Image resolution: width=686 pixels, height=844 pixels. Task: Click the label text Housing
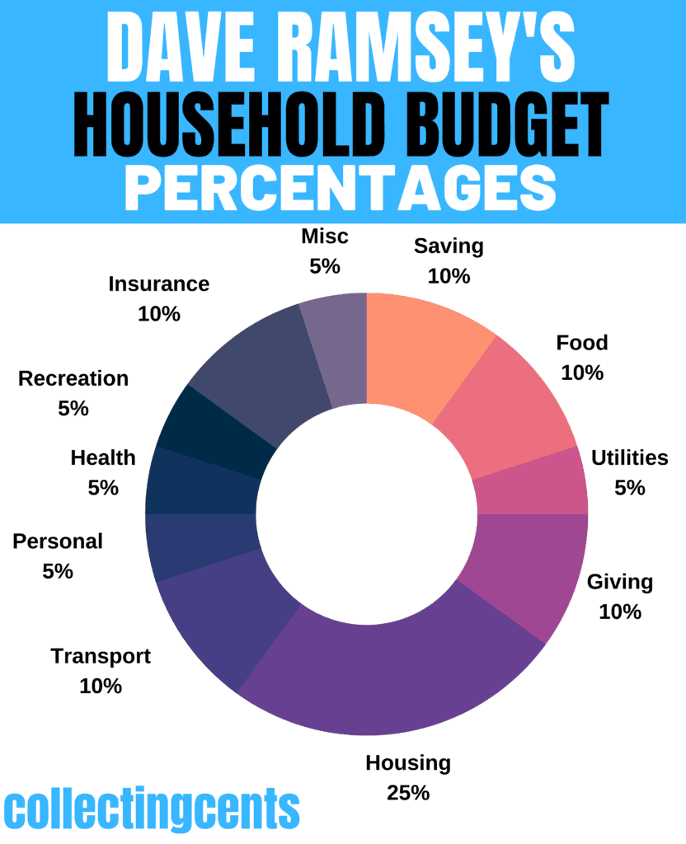click(408, 762)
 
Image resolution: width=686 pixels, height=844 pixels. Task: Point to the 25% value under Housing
click(408, 793)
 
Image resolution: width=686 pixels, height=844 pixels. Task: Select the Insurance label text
click(159, 284)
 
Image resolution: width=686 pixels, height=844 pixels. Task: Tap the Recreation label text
click(73, 378)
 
